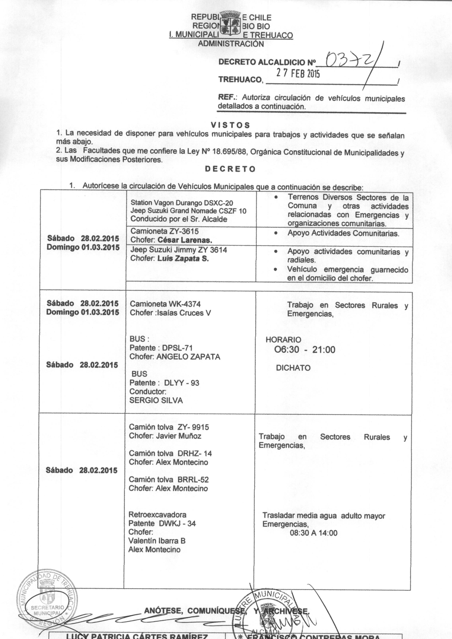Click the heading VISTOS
[230, 125]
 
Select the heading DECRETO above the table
[230, 169]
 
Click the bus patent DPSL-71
[177, 348]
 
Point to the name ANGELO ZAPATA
[188, 357]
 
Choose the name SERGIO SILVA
[156, 400]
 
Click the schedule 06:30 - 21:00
[305, 349]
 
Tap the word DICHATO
[293, 368]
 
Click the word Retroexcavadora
[157, 515]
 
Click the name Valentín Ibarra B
[157, 541]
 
